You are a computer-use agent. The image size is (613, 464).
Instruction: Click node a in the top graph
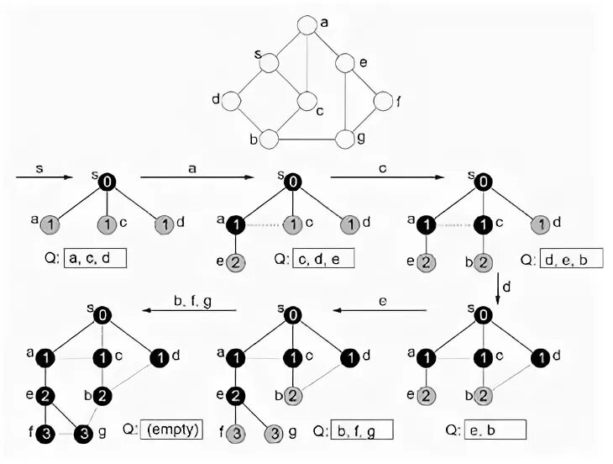[307, 25]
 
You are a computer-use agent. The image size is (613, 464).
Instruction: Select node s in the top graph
[269, 62]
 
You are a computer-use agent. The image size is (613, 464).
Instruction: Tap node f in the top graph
[383, 102]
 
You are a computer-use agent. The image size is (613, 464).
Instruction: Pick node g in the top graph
[345, 139]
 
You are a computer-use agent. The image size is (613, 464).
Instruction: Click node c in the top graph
[307, 102]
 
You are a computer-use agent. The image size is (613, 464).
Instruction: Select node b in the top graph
[269, 139]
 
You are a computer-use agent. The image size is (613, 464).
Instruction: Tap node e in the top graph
[345, 62]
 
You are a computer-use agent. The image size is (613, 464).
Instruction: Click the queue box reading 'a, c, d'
[95, 257]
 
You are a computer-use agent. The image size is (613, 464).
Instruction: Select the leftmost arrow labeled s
[41, 177]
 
